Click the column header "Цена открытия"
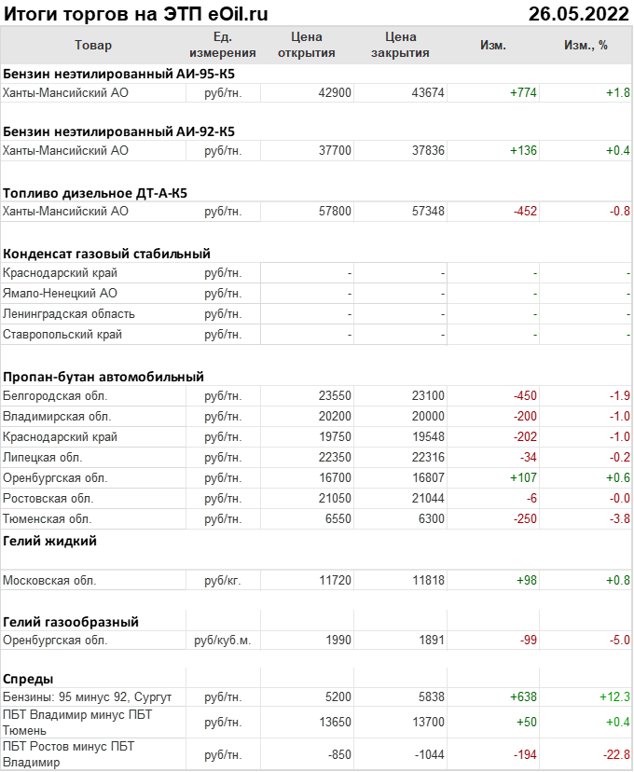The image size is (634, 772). pos(307,45)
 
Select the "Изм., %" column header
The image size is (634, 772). pos(586,45)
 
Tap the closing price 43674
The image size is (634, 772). pos(428,92)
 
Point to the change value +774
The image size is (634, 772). pos(523,92)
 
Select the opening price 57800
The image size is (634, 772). pos(335,212)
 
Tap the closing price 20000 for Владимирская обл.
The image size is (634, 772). pos(428,417)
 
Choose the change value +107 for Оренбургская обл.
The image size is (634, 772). pos(523,477)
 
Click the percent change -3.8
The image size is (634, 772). pos(619,518)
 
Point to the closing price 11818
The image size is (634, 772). pos(428,580)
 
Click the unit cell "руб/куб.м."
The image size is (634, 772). pos(223,641)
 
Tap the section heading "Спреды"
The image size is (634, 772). pos(28,679)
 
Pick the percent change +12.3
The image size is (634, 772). pos(614,696)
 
